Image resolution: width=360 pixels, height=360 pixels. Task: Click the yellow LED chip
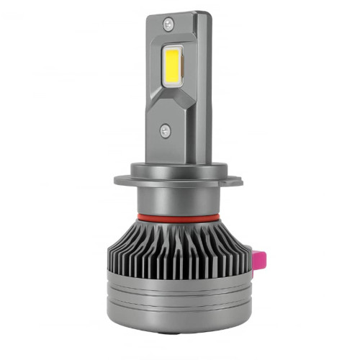(x=174, y=72)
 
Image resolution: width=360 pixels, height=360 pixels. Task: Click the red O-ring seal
(x=176, y=215)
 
